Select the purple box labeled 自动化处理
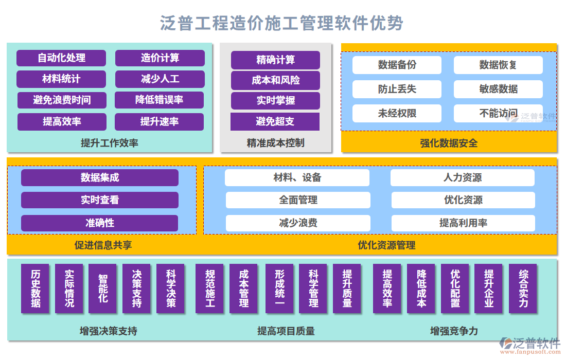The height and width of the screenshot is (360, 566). click(61, 58)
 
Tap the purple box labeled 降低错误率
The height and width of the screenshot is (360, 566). click(159, 100)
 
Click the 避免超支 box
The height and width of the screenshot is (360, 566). click(275, 122)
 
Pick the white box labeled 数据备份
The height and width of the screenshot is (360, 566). click(397, 65)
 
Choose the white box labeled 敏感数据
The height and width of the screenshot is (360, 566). click(498, 89)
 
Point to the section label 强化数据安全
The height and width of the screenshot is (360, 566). click(449, 143)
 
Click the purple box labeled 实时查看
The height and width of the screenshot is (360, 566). click(100, 200)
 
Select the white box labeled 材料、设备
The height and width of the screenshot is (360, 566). click(297, 178)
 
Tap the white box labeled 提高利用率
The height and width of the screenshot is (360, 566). click(463, 223)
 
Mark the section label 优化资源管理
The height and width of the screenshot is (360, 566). click(386, 245)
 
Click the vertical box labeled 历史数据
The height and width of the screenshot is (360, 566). click(36, 289)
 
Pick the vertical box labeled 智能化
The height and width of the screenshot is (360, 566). click(103, 289)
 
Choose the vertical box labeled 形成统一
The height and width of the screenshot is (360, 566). click(279, 289)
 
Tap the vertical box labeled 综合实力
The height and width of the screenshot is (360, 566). click(523, 289)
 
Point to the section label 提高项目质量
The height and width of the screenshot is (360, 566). click(286, 331)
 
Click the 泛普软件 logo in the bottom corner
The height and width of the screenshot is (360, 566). click(530, 345)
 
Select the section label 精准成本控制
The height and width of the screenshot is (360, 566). click(275, 143)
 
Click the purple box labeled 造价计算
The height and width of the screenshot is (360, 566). click(160, 58)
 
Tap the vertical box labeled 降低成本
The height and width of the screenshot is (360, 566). click(421, 289)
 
